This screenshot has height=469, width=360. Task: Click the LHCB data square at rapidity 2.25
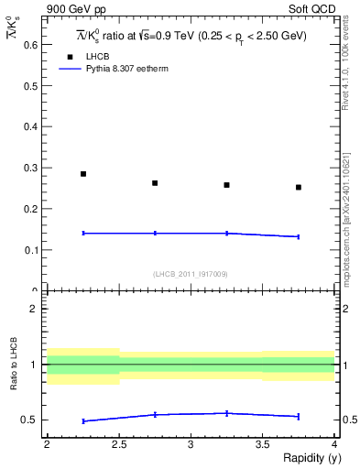(83, 174)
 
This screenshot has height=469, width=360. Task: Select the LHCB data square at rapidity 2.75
(155, 183)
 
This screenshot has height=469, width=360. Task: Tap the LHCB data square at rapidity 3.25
(226, 185)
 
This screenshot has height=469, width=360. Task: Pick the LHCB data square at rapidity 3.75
(299, 187)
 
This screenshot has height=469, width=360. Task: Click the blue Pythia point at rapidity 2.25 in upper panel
(83, 234)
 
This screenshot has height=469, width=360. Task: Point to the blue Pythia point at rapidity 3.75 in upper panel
(299, 236)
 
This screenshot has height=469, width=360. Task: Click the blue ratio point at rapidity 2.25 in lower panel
(83, 420)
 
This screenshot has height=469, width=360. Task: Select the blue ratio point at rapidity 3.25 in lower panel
(226, 413)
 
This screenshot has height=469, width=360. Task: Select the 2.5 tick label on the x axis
(119, 445)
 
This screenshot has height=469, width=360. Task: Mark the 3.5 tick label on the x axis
(262, 445)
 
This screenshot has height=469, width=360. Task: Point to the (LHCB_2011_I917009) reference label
(191, 274)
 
